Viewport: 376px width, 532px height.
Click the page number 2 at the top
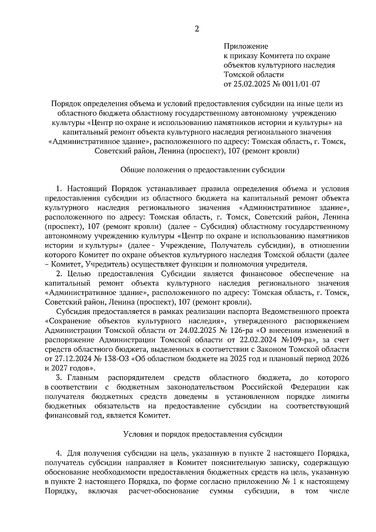coord(197,29)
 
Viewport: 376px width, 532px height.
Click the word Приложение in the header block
coord(246,46)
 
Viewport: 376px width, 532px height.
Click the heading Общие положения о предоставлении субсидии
coord(203,170)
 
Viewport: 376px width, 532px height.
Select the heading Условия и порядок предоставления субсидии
coord(203,434)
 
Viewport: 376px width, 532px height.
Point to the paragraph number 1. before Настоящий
coord(59,189)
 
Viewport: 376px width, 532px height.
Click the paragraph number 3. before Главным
coord(59,378)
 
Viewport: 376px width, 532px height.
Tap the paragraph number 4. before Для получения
coord(58,453)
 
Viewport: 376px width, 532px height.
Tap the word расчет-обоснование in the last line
coord(163,491)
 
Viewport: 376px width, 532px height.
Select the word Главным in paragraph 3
coord(83,378)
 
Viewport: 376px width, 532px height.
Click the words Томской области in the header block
coord(254,75)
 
